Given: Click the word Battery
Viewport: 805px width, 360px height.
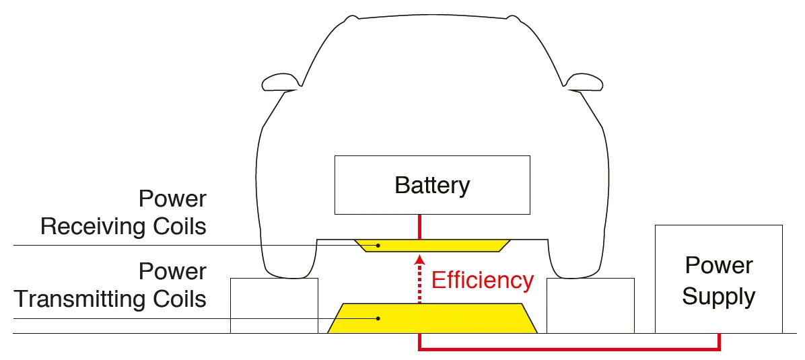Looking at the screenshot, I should pyautogui.click(x=432, y=185).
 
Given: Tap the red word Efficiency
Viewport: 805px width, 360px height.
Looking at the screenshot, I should pyautogui.click(x=482, y=280).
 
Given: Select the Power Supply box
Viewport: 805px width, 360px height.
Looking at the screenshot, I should pyautogui.click(x=718, y=279).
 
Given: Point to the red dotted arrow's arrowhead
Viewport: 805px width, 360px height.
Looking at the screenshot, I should pyautogui.click(x=419, y=260).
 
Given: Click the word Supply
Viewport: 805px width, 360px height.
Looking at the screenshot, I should pyautogui.click(x=718, y=296).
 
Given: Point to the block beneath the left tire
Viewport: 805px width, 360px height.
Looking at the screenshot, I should pyautogui.click(x=274, y=305).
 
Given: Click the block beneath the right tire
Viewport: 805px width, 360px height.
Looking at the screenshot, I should pyautogui.click(x=590, y=305).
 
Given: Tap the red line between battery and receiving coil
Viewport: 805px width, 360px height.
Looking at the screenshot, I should pyautogui.click(x=419, y=226).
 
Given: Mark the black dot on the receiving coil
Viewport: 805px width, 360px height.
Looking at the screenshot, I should pyautogui.click(x=378, y=245).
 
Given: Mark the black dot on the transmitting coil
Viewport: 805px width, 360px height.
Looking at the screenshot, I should pyautogui.click(x=378, y=318).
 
